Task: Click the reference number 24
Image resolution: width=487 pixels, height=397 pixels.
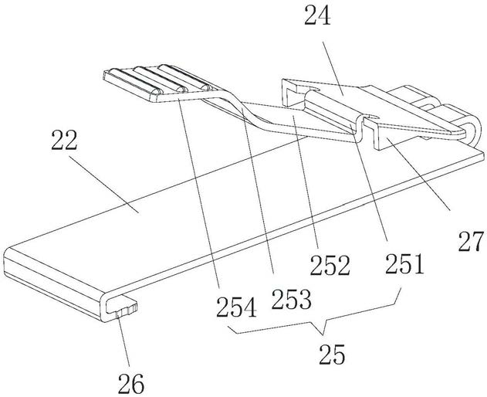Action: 317,16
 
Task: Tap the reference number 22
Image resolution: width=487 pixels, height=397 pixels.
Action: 64,140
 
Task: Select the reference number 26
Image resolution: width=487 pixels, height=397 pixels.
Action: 131,383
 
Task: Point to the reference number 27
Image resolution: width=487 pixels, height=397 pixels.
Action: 471,241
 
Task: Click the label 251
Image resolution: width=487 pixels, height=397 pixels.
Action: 404,263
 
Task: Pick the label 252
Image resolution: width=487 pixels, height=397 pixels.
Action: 330,265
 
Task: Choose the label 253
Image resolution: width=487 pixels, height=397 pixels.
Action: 291,300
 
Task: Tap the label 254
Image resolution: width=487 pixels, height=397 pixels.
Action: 237,307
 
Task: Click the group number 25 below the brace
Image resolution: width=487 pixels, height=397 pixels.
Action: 332,355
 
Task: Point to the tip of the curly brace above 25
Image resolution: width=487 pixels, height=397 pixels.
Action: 323,334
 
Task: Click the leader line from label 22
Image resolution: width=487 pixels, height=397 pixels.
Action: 103,185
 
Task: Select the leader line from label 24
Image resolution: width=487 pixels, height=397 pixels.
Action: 333,68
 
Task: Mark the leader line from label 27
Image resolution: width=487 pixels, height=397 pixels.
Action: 418,174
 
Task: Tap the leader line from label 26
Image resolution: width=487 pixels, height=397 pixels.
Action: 123,341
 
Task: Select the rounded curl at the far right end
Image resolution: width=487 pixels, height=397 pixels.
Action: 474,130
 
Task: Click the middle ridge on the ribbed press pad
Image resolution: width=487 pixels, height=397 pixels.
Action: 158,80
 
